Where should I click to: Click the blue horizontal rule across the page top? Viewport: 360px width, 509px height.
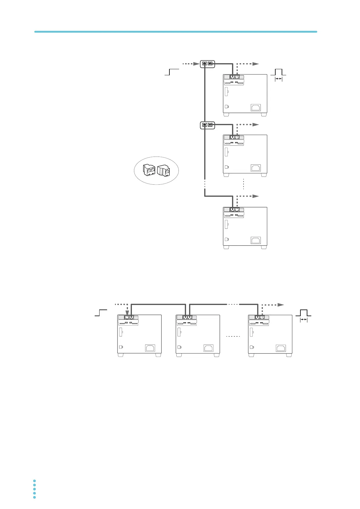click(175, 31)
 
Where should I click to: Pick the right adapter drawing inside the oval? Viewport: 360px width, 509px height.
click(164, 171)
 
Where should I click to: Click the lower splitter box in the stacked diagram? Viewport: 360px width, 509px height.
click(207, 125)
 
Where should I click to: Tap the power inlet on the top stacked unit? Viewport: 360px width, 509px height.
click(256, 107)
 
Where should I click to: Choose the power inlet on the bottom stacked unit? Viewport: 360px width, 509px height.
click(256, 240)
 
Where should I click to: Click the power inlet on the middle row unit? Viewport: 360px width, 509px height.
click(208, 348)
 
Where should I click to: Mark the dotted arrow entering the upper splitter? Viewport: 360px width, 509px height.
click(191, 64)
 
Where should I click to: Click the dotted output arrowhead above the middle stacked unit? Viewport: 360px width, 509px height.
click(256, 125)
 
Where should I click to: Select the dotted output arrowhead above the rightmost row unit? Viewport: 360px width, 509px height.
click(281, 304)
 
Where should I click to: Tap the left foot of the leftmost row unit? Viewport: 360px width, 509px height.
click(121, 355)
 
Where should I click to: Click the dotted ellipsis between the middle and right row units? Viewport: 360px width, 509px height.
click(233, 336)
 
